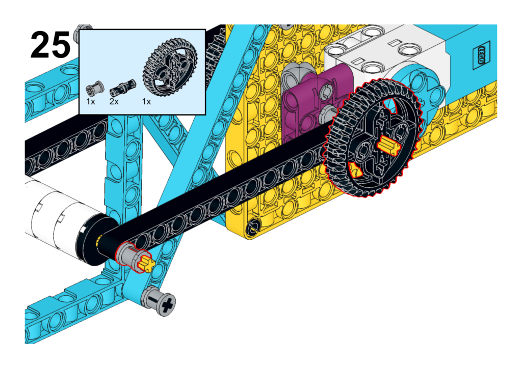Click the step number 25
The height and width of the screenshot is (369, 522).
pos(50,45)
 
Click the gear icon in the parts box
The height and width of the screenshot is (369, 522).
pos(170,68)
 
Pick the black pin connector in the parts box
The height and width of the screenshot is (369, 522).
pos(123,88)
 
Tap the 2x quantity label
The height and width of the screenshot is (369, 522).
pos(114,102)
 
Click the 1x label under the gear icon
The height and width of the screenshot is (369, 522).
pos(146,102)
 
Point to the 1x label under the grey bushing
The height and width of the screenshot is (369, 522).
pos(91,102)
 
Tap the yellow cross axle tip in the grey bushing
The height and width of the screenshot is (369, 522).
pos(147,264)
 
